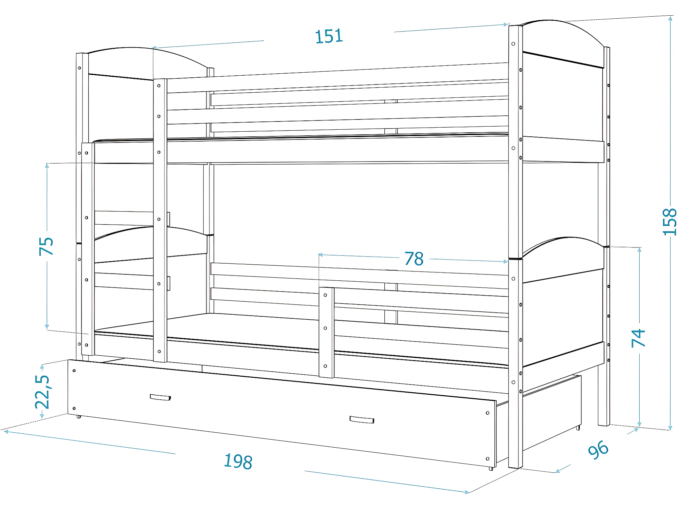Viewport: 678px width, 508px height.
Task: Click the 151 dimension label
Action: coord(329,36)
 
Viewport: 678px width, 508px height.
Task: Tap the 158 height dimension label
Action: coord(669,222)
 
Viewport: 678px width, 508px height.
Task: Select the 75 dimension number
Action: coord(46,246)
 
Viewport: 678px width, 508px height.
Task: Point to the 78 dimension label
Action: coord(414,259)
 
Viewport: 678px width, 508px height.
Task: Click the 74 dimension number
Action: coord(638,338)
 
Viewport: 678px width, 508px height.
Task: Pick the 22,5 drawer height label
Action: coord(43,392)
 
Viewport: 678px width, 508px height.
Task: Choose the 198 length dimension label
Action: coord(238,462)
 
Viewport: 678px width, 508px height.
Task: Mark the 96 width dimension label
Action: coord(598,450)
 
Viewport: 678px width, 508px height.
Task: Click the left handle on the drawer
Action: coord(160,397)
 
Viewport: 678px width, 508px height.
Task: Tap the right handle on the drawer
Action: coord(362,419)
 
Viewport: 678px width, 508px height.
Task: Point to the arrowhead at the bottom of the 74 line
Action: coord(639,424)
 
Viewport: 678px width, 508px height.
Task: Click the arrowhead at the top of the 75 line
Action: coord(47,166)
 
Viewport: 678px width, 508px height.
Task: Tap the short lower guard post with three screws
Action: coord(326,332)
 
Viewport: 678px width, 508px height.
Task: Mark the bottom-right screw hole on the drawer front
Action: coord(488,459)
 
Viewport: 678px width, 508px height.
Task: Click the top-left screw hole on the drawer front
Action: coord(74,371)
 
